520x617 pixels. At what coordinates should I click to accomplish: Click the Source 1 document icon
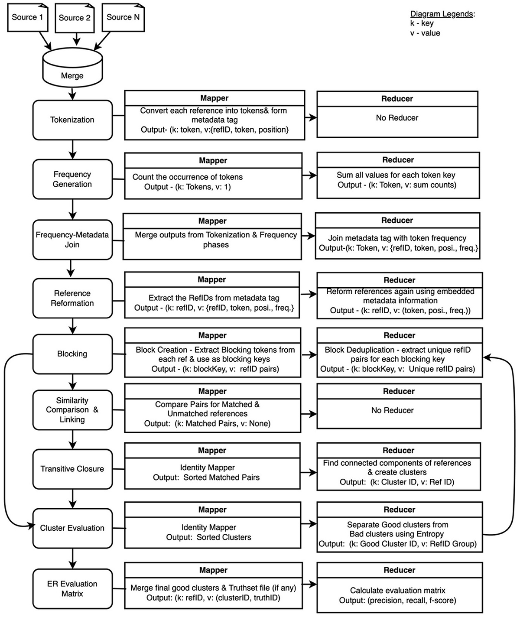pyautogui.click(x=27, y=18)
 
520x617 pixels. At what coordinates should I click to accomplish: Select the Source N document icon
pyautogui.click(x=123, y=18)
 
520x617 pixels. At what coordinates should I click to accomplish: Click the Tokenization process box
pyautogui.click(x=72, y=120)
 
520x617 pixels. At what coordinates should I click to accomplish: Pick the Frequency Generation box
pyautogui.click(x=72, y=179)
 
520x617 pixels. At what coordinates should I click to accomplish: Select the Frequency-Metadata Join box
pyautogui.click(x=72, y=240)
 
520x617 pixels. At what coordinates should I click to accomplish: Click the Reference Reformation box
pyautogui.click(x=72, y=298)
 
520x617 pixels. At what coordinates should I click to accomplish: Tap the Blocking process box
pyautogui.click(x=72, y=354)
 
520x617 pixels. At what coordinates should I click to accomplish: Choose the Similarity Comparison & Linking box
pyautogui.click(x=72, y=410)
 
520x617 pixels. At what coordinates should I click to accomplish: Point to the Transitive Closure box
pyautogui.click(x=72, y=469)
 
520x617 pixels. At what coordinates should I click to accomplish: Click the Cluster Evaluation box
pyautogui.click(x=72, y=528)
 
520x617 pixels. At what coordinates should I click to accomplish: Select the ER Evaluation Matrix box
pyautogui.click(x=72, y=589)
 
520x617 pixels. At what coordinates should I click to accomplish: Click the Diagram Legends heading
pyautogui.click(x=442, y=14)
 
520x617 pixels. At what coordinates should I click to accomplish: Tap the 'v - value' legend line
pyautogui.click(x=425, y=33)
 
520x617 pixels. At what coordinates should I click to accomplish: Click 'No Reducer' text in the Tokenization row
pyautogui.click(x=397, y=118)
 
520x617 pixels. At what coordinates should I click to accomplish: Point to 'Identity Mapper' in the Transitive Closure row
pyautogui.click(x=207, y=468)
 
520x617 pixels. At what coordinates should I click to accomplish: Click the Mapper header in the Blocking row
pyautogui.click(x=212, y=335)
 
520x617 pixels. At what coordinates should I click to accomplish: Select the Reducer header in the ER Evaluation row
pyautogui.click(x=399, y=570)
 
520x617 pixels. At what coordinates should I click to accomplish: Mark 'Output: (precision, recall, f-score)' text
pyautogui.click(x=397, y=600)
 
